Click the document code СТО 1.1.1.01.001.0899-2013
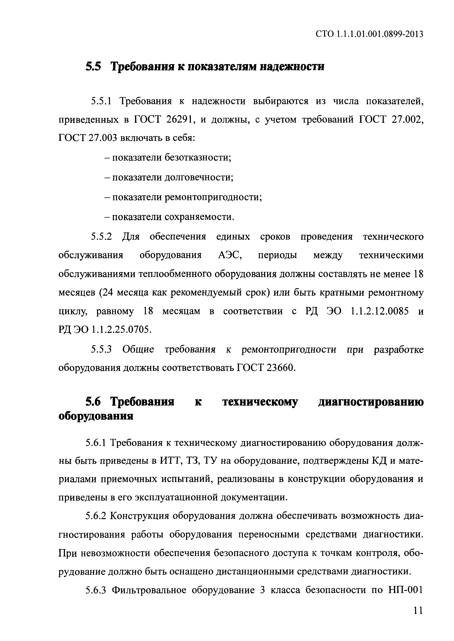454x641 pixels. (x=369, y=34)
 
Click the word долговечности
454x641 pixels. (x=199, y=177)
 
